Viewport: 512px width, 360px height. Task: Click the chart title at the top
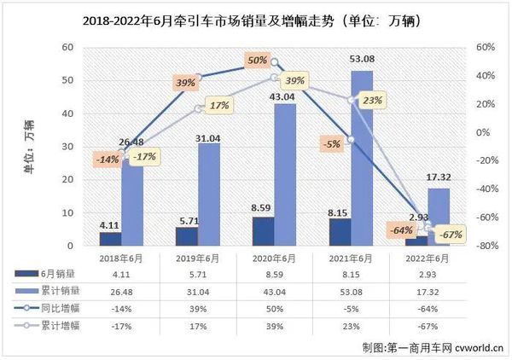pos(255,19)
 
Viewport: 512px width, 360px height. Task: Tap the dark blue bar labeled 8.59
pos(265,231)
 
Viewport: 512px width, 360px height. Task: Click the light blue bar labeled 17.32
pos(439,217)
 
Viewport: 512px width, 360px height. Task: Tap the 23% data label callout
pos(372,100)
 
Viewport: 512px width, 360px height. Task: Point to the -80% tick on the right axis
pos(486,246)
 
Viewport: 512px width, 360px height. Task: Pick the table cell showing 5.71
pos(198,275)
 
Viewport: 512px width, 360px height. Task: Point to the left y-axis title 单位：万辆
pos(29,146)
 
